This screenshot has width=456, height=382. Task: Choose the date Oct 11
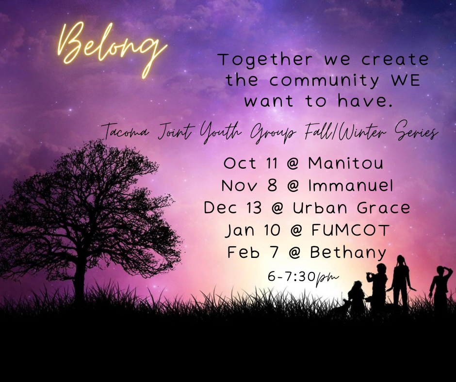tap(251, 163)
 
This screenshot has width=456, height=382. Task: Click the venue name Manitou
tap(346, 163)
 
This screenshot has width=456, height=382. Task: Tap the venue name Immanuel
tap(351, 186)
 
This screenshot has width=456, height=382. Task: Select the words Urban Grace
tap(351, 208)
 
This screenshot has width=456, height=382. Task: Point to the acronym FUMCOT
tap(350, 230)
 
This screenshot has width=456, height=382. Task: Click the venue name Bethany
tap(348, 253)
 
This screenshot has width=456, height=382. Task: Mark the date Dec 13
tap(233, 208)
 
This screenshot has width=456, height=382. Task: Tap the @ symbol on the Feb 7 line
tap(294, 253)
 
